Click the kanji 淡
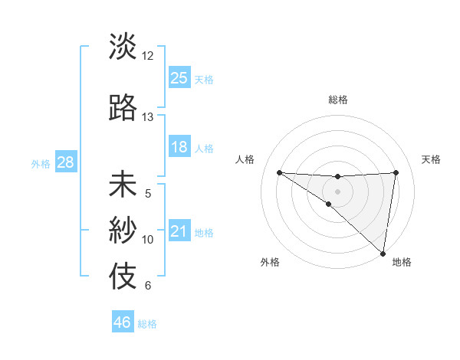[123, 47]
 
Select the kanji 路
[123, 108]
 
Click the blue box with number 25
[179, 77]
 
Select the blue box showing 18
[179, 147]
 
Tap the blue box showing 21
[179, 231]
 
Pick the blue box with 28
[65, 162]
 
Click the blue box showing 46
[123, 322]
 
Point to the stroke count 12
[148, 56]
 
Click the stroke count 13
[148, 117]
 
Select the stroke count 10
[148, 240]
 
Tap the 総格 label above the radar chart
[338, 100]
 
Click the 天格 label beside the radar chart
[431, 159]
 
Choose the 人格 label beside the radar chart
[245, 159]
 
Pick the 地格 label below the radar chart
[402, 263]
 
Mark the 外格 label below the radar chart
[270, 263]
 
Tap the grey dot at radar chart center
[338, 191]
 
